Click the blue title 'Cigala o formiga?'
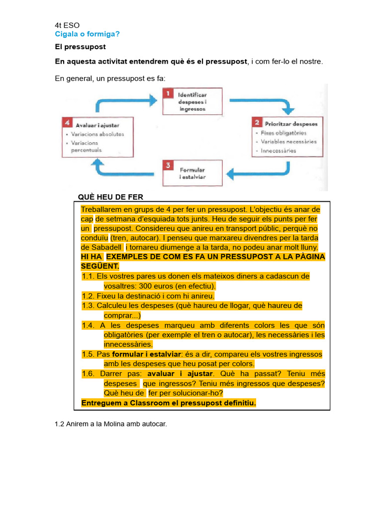pos(87,34)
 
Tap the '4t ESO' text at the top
pos(67,25)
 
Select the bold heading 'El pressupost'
pos(80,47)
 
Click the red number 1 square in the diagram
pos(169,94)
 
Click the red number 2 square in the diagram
pos(257,122)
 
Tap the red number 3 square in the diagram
pos(169,165)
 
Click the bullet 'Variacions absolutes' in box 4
pos(97,134)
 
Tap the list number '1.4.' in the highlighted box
pos(89,325)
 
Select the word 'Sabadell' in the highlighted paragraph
pos(105,247)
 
